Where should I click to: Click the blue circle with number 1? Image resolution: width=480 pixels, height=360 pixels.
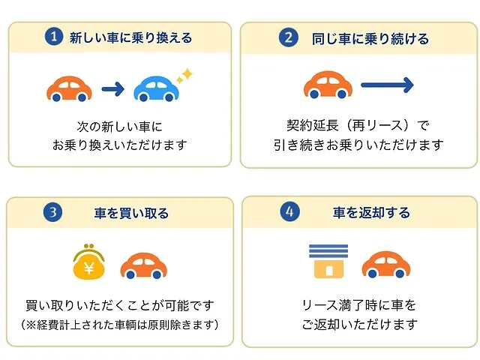tap(54, 37)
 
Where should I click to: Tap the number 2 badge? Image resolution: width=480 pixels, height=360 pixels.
tap(288, 37)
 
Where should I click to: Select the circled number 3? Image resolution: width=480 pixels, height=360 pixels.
tap(52, 211)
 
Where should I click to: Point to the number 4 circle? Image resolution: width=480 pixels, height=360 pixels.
tap(289, 211)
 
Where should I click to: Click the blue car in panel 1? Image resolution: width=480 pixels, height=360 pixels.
tap(156, 88)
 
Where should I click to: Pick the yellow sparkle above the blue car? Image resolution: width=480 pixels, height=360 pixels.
tap(185, 76)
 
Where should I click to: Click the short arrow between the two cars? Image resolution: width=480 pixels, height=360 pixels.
tap(113, 89)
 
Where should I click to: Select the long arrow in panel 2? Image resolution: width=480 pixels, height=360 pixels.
tap(388, 85)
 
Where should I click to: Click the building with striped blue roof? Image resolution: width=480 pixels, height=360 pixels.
tap(328, 261)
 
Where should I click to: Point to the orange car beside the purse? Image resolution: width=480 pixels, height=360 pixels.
tap(143, 265)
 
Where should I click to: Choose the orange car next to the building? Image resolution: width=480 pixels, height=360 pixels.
tap(386, 265)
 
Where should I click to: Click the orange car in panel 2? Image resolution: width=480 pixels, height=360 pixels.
tap(328, 85)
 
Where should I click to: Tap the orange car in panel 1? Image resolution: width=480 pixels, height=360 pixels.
tap(69, 88)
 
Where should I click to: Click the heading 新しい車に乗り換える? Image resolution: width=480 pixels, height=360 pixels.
tap(130, 37)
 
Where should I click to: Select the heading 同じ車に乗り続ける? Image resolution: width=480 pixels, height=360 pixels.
tap(370, 39)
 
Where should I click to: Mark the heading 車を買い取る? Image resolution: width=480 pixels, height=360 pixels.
tap(131, 213)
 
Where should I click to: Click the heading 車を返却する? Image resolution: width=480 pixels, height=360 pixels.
tap(371, 212)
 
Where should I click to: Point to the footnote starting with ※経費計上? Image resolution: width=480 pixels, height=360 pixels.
tap(120, 325)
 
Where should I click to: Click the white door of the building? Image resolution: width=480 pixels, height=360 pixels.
tap(328, 271)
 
